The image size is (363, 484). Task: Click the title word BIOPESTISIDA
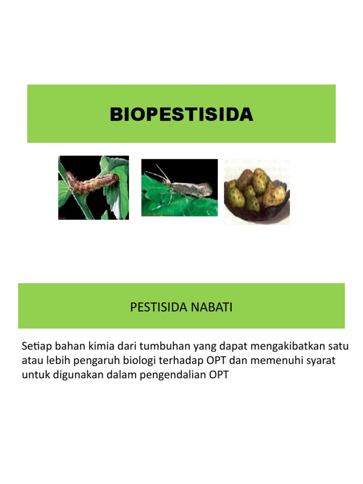[x=181, y=114]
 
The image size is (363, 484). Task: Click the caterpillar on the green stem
[x=92, y=182]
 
